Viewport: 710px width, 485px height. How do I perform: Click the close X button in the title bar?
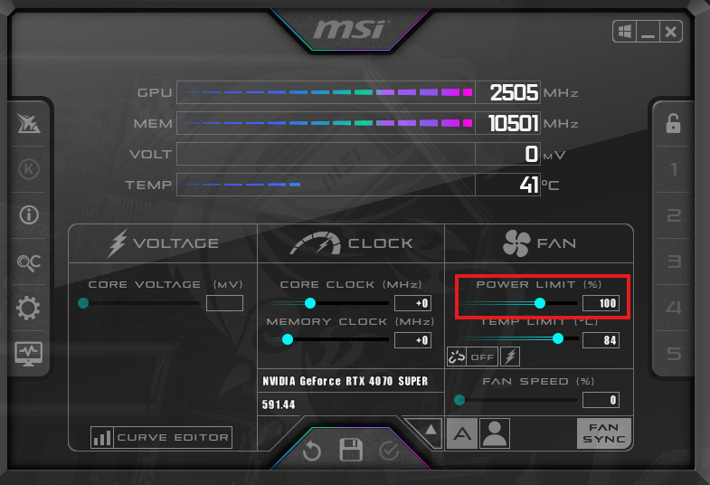pos(670,33)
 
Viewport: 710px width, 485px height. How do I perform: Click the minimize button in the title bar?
pos(648,33)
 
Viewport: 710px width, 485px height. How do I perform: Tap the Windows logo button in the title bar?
pos(625,33)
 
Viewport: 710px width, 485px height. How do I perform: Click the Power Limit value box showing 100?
pos(601,303)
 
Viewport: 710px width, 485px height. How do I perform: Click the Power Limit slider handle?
pos(540,303)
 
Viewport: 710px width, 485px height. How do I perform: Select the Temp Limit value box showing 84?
pos(601,339)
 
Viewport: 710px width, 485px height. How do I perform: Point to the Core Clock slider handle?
pos(310,303)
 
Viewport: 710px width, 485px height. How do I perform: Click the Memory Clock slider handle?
pos(288,339)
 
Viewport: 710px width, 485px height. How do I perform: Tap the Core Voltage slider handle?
pos(83,303)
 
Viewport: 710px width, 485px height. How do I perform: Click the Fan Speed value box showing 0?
pos(601,400)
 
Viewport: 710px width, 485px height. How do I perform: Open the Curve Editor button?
pos(162,438)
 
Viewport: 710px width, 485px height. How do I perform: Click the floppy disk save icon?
pos(351,450)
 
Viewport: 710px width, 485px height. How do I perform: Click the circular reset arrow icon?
pos(312,451)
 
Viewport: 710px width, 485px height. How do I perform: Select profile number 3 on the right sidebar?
pos(673,262)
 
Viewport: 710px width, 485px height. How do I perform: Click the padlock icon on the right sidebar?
pos(673,124)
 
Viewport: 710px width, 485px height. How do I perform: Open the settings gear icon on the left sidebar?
pos(29,309)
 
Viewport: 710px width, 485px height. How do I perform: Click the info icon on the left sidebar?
pos(29,215)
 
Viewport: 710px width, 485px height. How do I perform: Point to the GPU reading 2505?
pos(514,92)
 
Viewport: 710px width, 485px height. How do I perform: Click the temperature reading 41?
pos(529,185)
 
